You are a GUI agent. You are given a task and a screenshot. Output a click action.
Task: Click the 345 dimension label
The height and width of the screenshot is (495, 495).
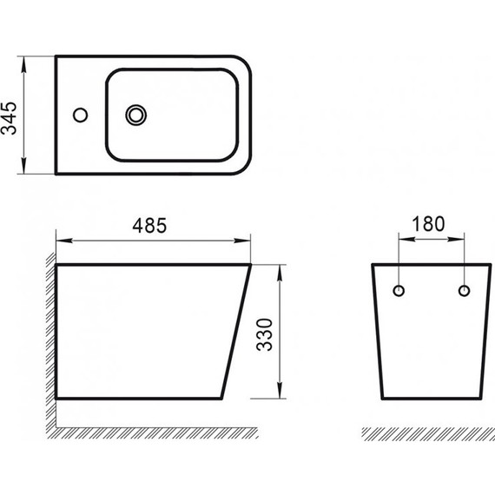tap(9, 118)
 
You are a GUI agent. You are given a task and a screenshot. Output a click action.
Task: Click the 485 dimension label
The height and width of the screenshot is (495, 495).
tap(149, 226)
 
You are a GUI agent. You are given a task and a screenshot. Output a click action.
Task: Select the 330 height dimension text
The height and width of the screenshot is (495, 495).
tap(264, 335)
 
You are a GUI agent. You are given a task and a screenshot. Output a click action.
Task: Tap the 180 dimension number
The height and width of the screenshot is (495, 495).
tap(428, 224)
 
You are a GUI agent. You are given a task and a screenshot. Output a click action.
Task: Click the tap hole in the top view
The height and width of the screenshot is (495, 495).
tap(80, 115)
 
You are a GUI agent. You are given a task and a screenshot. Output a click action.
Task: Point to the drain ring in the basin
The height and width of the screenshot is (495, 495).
tap(136, 115)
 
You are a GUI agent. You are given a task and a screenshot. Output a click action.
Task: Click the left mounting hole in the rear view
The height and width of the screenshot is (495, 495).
tap(399, 291)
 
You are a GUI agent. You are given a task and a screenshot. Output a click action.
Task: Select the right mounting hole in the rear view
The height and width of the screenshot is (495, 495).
tap(464, 291)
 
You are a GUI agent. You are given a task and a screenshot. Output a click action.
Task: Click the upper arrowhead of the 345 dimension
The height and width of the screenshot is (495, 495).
tap(23, 64)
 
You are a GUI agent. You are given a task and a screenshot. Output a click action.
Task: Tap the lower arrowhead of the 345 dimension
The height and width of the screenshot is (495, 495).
tap(23, 166)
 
